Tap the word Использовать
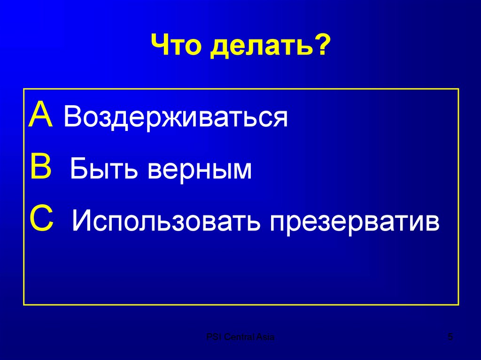click(166, 222)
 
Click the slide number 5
click(450, 337)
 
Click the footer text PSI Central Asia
click(241, 337)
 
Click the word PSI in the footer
click(214, 337)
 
